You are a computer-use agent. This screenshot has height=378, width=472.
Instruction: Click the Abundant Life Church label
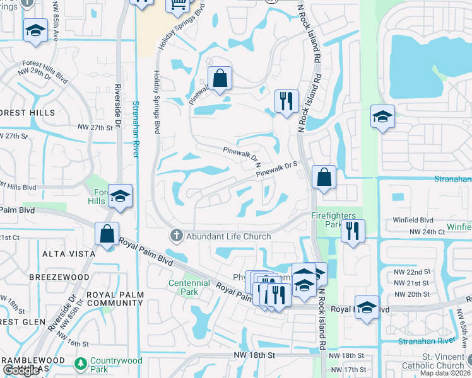228,236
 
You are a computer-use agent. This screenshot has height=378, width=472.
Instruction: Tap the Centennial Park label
189,287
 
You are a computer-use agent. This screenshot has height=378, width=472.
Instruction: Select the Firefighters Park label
333,219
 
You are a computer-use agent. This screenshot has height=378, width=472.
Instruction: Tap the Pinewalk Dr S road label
276,168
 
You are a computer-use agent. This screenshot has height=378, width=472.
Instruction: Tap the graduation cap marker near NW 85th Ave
35,30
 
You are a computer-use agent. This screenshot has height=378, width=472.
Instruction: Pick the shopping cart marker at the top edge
177,4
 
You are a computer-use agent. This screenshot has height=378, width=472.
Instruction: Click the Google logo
21,371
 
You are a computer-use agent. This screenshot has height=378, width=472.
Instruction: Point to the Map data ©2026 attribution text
445,374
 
